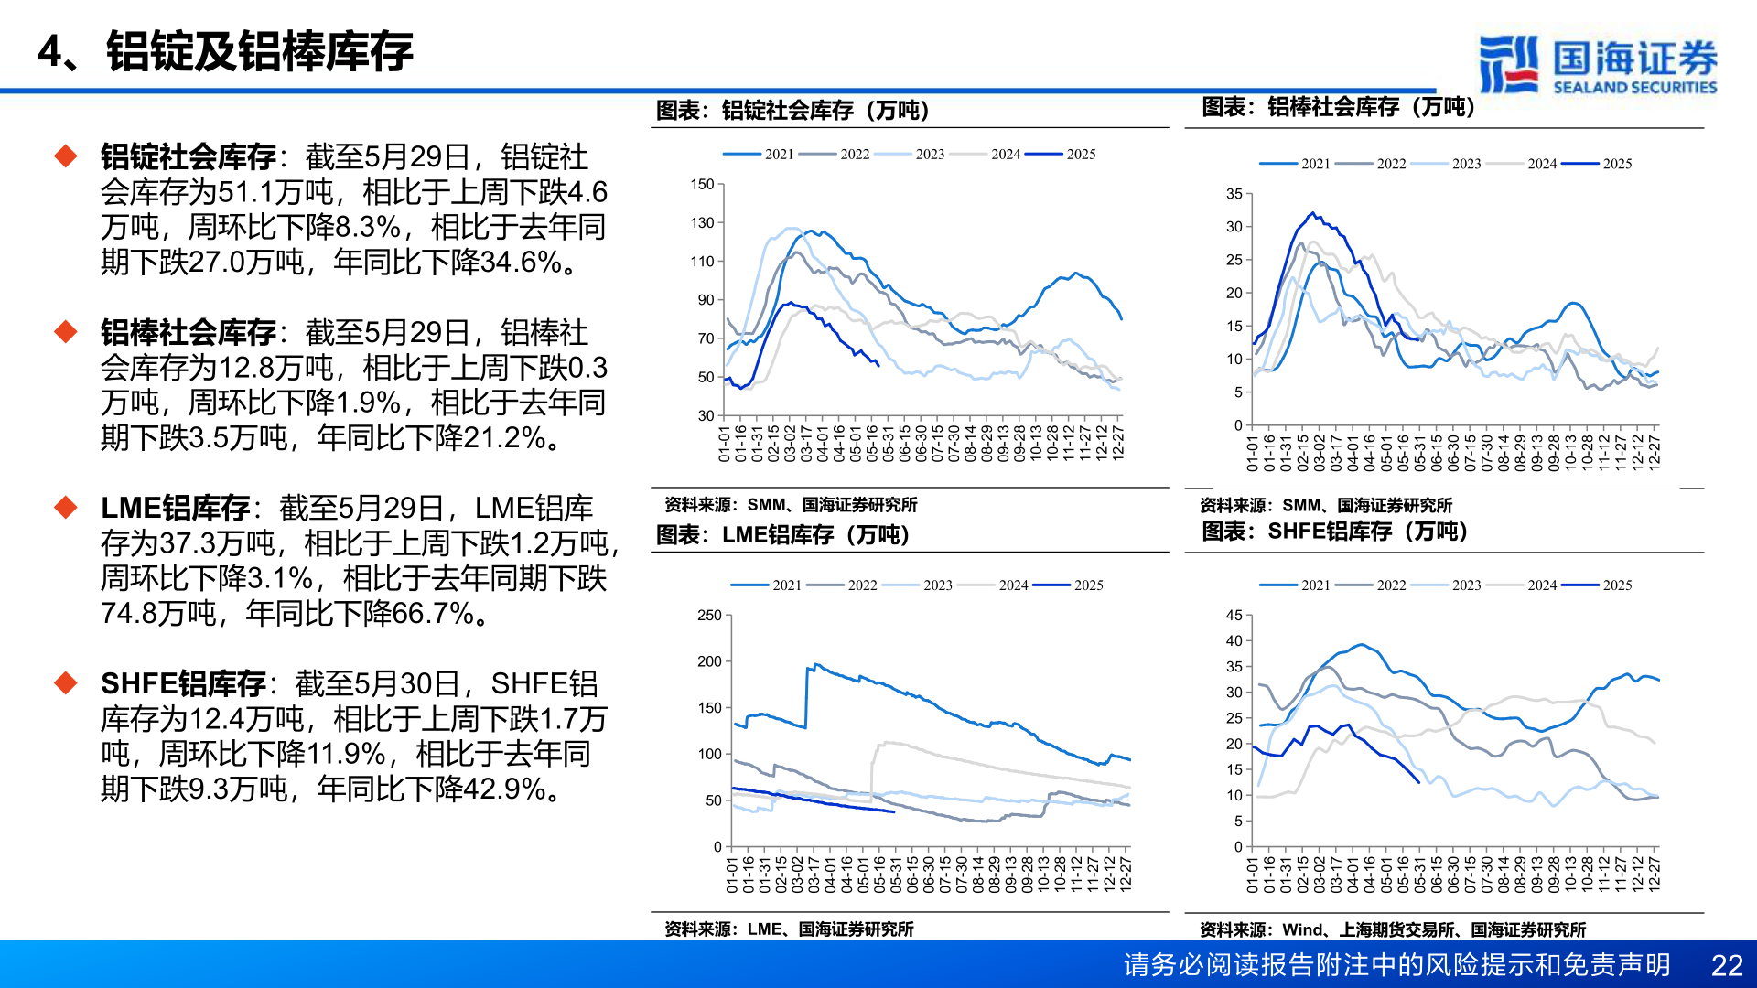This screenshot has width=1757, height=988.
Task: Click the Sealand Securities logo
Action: click(1597, 64)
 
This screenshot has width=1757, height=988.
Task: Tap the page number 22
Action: click(1726, 965)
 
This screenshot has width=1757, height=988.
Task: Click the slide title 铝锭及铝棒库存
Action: click(260, 51)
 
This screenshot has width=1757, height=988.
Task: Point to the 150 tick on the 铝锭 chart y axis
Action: click(702, 185)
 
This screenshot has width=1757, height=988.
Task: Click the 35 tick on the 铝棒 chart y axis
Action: click(1234, 194)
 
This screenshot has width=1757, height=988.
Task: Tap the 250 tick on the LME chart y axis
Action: click(709, 616)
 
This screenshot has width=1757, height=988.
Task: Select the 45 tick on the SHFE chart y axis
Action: click(1234, 616)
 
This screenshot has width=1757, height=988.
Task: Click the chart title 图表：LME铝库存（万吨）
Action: click(782, 535)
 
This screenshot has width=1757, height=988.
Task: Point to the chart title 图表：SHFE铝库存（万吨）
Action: click(1334, 532)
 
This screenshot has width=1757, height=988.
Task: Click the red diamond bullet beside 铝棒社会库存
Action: click(66, 331)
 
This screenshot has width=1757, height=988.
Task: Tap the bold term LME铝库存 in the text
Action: click(175, 509)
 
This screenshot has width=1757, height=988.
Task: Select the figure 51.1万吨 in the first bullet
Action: click(275, 192)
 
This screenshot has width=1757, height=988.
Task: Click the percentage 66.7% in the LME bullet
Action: click(438, 613)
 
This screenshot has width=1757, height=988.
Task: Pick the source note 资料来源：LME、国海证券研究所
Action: click(789, 929)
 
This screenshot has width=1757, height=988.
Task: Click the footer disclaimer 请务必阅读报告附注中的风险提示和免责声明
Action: click(1396, 965)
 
